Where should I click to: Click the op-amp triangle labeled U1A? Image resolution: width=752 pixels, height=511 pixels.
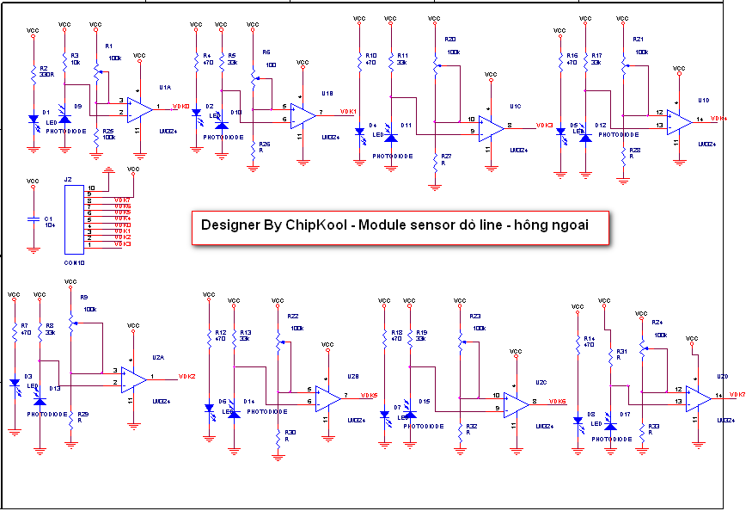click(x=139, y=108)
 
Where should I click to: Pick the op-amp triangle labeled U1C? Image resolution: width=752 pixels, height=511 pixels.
click(x=491, y=127)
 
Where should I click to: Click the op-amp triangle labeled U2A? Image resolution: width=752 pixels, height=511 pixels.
click(x=133, y=378)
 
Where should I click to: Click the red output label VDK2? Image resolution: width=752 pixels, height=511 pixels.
click(x=186, y=377)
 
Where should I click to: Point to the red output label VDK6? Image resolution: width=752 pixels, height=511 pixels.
click(x=556, y=402)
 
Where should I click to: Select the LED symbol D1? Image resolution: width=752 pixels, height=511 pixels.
click(x=34, y=119)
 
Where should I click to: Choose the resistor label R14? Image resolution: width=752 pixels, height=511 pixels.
click(x=590, y=339)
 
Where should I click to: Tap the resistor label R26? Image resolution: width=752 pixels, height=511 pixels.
click(x=264, y=145)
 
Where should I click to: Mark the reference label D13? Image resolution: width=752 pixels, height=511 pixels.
click(x=55, y=389)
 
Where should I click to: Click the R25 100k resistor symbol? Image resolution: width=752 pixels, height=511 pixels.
click(x=95, y=138)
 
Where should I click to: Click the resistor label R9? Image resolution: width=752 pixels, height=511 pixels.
click(x=83, y=297)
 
